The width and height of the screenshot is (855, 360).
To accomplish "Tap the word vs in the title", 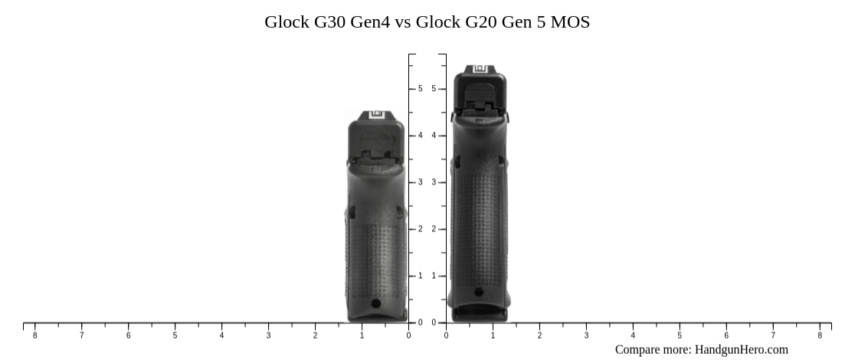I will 403,22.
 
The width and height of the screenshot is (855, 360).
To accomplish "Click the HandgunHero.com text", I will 741,349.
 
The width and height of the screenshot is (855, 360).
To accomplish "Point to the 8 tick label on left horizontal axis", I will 34,335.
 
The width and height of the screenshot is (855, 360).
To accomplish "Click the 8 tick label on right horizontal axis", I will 820,335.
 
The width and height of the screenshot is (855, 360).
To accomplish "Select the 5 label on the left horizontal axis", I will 175,335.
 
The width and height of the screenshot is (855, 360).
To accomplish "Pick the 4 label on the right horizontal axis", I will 633,335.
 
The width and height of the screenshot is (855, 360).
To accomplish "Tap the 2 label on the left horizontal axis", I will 315,335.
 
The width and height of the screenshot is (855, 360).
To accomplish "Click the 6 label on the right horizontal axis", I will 726,335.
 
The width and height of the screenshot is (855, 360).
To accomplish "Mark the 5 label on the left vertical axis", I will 420,89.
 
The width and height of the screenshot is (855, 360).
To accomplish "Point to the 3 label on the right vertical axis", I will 434,182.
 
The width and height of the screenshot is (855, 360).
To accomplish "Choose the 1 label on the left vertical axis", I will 420,276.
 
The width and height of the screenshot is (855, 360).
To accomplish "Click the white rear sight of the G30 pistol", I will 375,116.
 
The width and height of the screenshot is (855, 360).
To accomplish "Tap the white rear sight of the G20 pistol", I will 480,69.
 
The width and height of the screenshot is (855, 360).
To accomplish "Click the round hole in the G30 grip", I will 375,303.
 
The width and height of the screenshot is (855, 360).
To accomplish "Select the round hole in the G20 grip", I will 479,292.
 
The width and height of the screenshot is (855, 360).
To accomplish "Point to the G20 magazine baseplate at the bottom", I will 480,314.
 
